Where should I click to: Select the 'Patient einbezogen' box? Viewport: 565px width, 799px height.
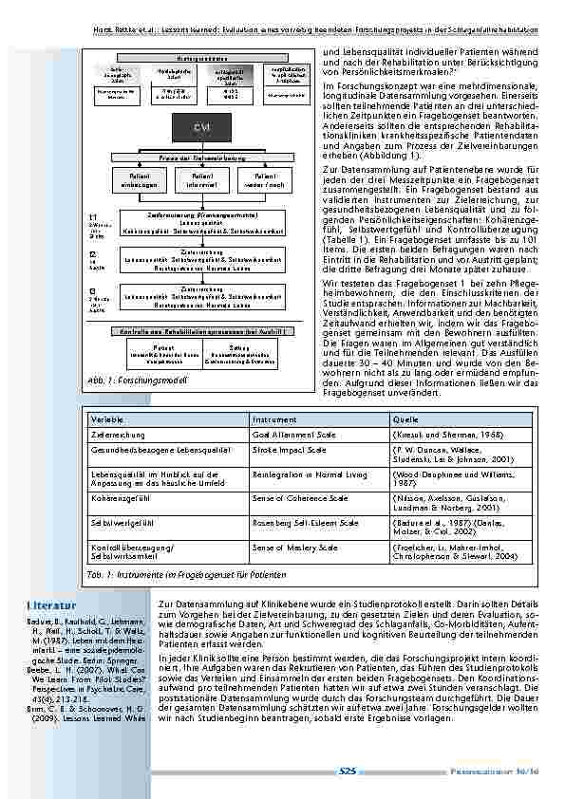141,179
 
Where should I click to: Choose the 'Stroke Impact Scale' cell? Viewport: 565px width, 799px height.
289,452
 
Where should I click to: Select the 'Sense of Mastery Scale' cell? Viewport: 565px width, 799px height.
294,548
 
